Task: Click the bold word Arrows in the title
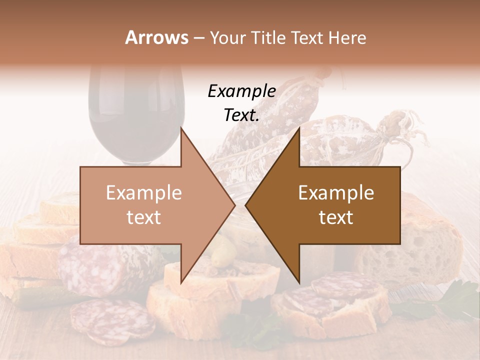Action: [156, 37]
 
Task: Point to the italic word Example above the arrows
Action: [241, 91]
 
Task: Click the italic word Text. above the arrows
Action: [241, 115]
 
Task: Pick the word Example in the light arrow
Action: [143, 193]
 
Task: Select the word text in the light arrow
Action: [143, 217]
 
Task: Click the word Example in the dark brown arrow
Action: [336, 193]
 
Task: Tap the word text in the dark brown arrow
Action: [336, 217]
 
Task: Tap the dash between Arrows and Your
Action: [198, 38]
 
